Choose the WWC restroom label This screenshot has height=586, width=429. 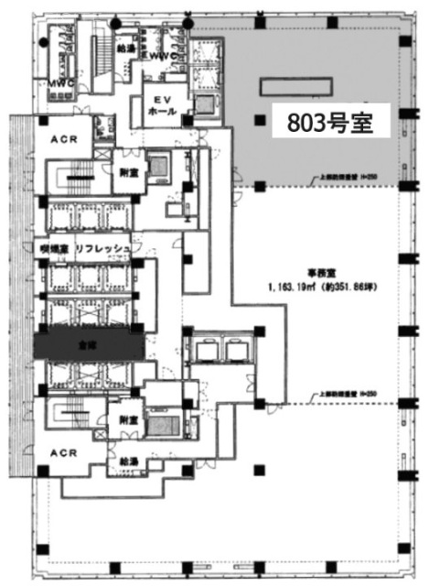[164, 55]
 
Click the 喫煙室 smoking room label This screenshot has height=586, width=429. [53, 249]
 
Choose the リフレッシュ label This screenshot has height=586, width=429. [106, 249]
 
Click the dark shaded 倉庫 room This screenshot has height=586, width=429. [89, 344]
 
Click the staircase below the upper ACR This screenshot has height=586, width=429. [78, 178]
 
